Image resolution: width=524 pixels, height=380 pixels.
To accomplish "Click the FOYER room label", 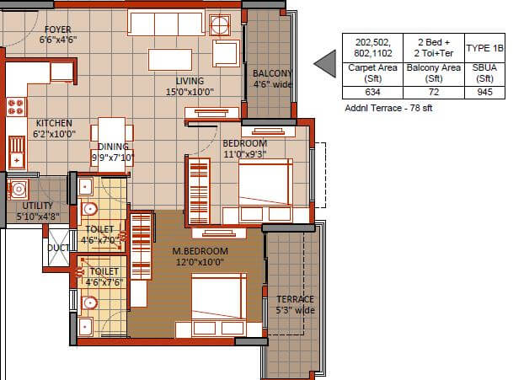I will tap(57, 29).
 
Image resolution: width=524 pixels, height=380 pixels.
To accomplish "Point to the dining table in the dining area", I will tap(113, 133).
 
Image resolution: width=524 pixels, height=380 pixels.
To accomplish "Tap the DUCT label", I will tap(58, 249).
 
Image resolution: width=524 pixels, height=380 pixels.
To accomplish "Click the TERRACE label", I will tap(295, 299).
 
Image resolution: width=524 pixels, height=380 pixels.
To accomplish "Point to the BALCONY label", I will tap(272, 73).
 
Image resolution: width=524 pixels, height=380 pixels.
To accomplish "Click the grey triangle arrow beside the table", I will tap(324, 63).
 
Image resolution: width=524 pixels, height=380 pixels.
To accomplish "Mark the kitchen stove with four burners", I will tap(16, 106).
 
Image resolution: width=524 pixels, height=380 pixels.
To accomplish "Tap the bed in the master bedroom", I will tap(221, 300).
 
